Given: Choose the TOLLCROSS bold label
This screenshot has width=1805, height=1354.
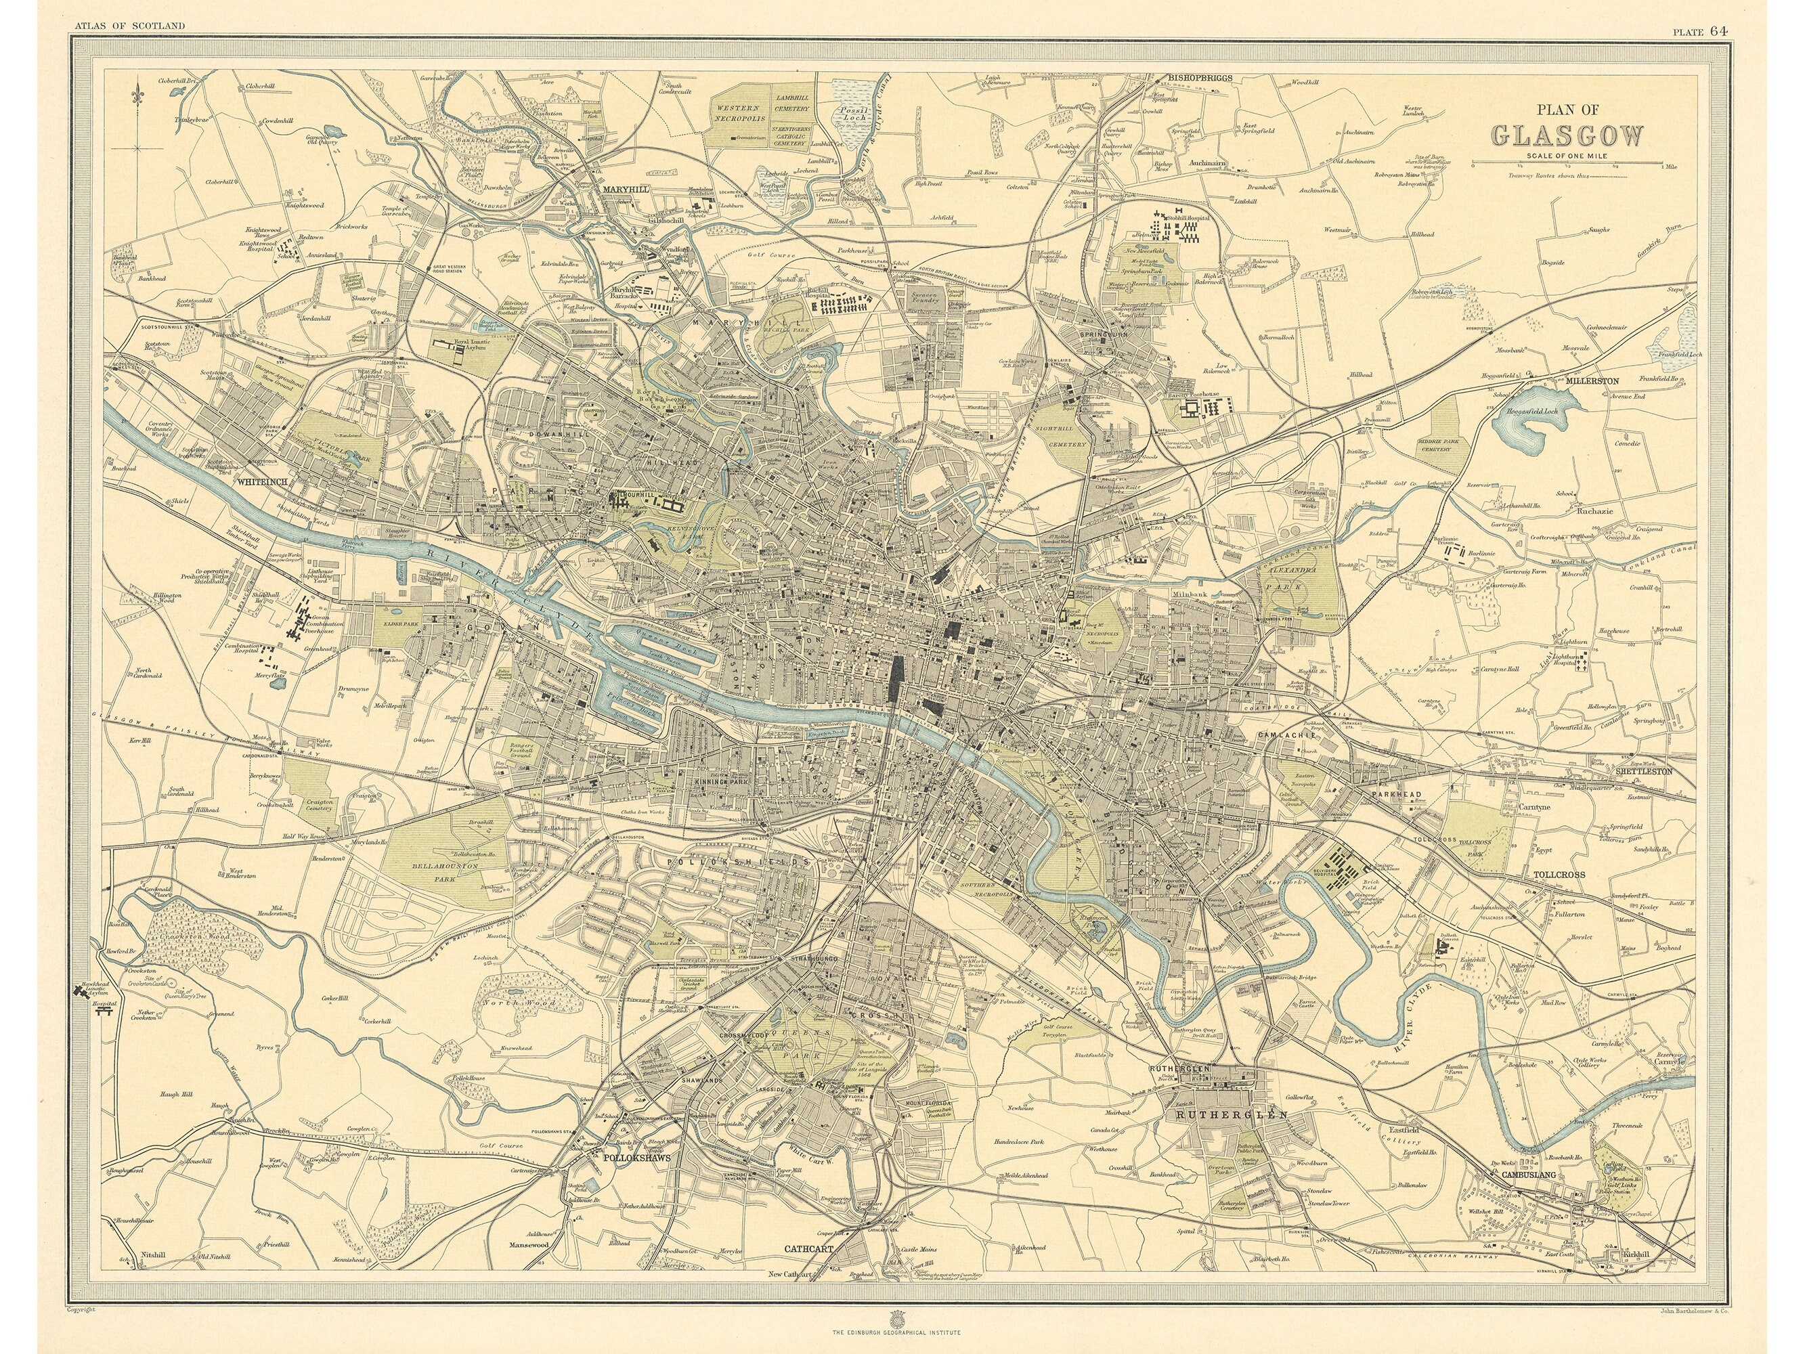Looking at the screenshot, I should (x=1559, y=874).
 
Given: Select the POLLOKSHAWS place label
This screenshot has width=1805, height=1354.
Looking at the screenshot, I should (x=636, y=1157).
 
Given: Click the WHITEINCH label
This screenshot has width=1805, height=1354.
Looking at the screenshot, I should (x=261, y=482).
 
